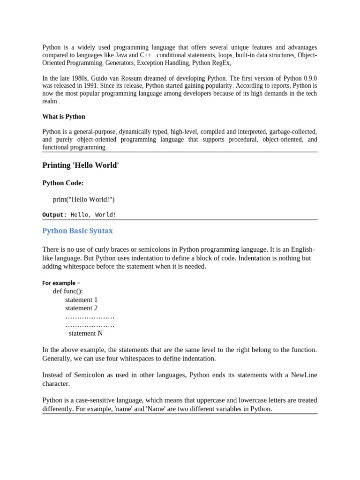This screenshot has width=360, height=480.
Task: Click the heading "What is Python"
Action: click(64, 117)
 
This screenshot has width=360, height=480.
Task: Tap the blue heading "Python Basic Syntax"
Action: click(77, 231)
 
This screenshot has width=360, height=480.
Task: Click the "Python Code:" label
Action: click(63, 183)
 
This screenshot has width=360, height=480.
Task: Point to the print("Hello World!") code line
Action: click(83, 200)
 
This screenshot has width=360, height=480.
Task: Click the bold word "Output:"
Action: click(55, 215)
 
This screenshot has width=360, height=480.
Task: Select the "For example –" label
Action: click(61, 283)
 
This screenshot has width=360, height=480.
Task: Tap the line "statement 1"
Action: click(81, 300)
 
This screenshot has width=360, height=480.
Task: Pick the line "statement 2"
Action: click(81, 308)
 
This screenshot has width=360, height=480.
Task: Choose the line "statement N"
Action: click(85, 333)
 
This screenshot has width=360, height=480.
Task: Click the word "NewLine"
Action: click(304, 375)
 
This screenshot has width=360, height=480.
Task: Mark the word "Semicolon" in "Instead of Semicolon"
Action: click(94, 375)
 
